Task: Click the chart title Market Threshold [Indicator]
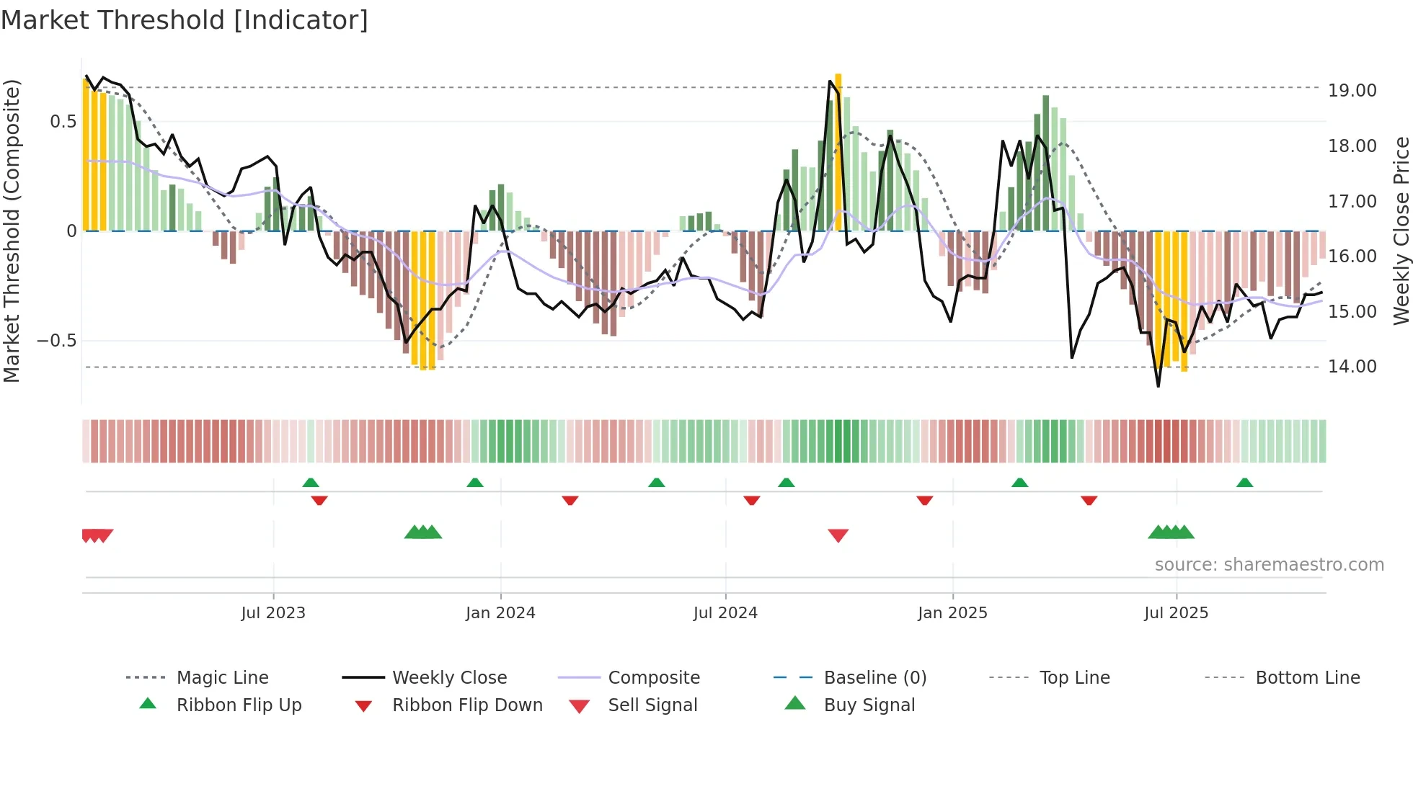coord(185,20)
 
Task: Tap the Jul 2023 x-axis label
coord(273,613)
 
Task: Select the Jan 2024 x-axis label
coord(500,613)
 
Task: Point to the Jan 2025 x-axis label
coord(952,613)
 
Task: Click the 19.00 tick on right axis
coord(1352,91)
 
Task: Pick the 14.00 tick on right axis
coord(1352,367)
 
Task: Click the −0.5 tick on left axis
coord(57,340)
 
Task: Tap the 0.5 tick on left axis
coord(63,121)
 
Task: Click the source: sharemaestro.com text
coord(1269,565)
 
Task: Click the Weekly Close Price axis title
coord(1401,231)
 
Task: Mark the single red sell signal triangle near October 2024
coord(838,535)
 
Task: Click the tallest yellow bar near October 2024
coord(838,151)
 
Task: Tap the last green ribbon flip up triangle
coord(1244,483)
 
